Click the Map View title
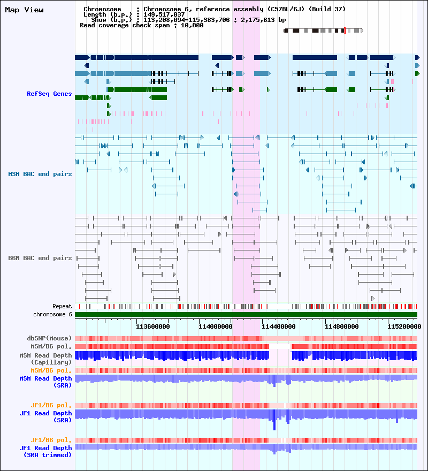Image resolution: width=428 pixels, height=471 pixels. [24, 10]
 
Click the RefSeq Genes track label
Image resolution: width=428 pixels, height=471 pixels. [49, 94]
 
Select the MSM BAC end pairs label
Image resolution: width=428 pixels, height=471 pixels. [40, 174]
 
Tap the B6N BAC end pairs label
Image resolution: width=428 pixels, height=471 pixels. [40, 258]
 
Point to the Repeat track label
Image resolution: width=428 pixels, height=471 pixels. [62, 306]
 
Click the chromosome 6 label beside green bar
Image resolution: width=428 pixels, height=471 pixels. [52, 314]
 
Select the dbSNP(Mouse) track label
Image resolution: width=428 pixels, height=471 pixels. [49, 338]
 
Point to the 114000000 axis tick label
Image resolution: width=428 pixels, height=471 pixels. [215, 325]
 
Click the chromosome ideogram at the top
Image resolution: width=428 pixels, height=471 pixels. [323, 31]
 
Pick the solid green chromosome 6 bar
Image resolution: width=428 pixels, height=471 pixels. [246, 315]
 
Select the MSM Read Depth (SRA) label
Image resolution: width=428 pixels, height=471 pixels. [46, 382]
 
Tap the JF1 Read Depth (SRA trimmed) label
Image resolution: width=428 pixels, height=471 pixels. [46, 451]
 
